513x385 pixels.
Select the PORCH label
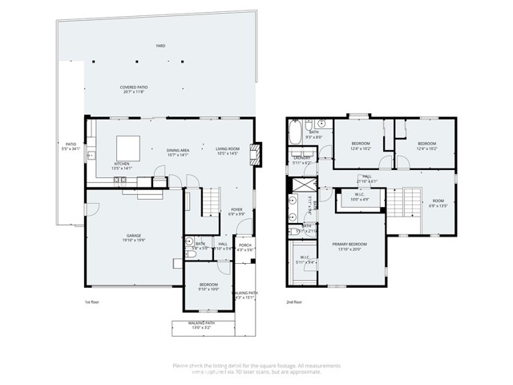pos(245,248)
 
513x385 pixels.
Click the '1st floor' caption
pos(92,302)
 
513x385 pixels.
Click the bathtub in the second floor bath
pos(295,131)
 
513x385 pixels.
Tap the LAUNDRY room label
pos(301,160)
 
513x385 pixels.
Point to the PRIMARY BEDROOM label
pos(351,246)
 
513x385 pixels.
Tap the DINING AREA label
pos(177,152)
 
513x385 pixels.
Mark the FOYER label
pos(236,212)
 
